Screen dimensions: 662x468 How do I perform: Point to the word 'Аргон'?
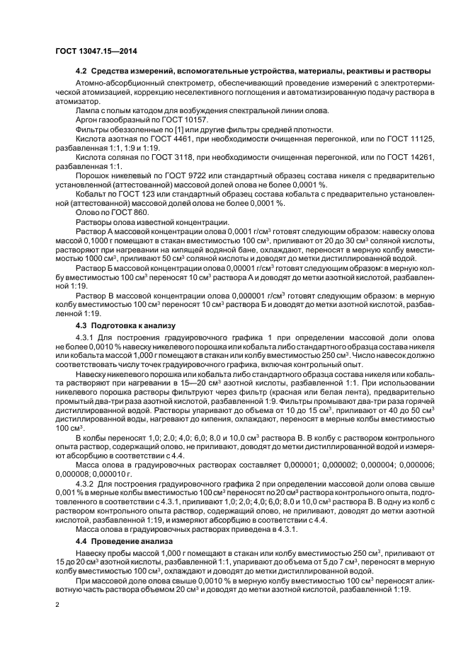(86, 121)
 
